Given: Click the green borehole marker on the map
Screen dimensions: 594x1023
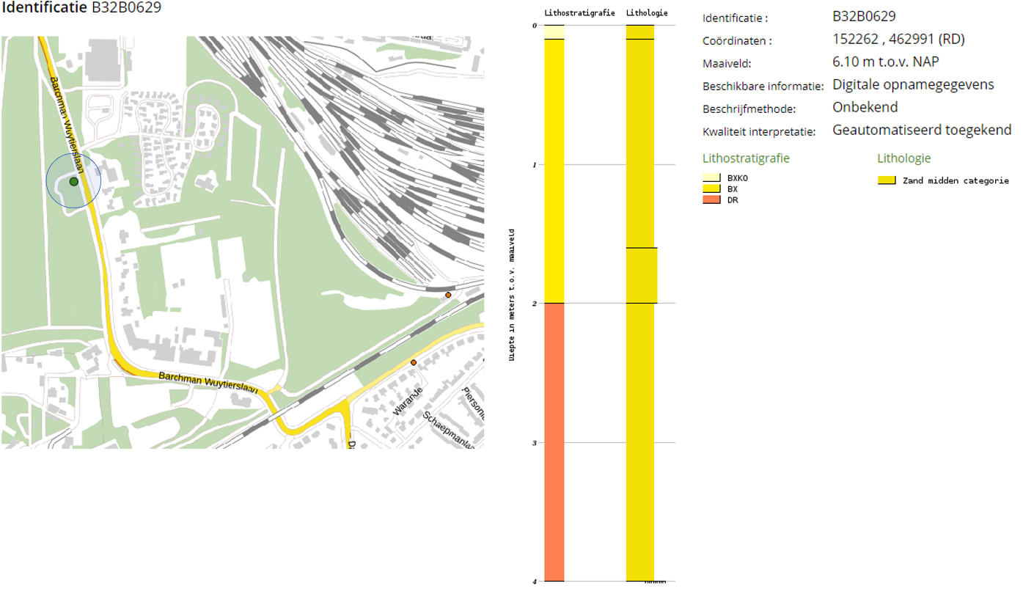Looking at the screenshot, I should point(73,181).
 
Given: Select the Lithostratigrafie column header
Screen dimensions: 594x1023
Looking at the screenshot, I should point(579,13).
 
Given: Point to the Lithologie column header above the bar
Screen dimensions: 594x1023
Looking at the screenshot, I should point(646,13).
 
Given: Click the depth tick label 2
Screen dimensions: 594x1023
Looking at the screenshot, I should point(535,304).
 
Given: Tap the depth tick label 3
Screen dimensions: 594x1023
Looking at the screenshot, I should point(535,443).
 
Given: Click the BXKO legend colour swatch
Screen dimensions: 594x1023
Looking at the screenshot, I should point(711,177).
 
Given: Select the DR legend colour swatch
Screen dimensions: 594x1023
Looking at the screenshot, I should point(711,199).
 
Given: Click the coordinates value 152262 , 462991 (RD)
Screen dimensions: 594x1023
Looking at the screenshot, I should point(898,40).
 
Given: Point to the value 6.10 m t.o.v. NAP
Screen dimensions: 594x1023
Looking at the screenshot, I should point(885,62).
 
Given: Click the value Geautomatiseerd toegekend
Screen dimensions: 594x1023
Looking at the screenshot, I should point(922,131).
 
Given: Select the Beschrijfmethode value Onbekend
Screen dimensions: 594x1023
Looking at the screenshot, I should point(865,108).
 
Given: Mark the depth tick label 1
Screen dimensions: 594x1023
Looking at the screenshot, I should point(535,164).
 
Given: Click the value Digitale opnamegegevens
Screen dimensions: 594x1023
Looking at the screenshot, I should point(913,85).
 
